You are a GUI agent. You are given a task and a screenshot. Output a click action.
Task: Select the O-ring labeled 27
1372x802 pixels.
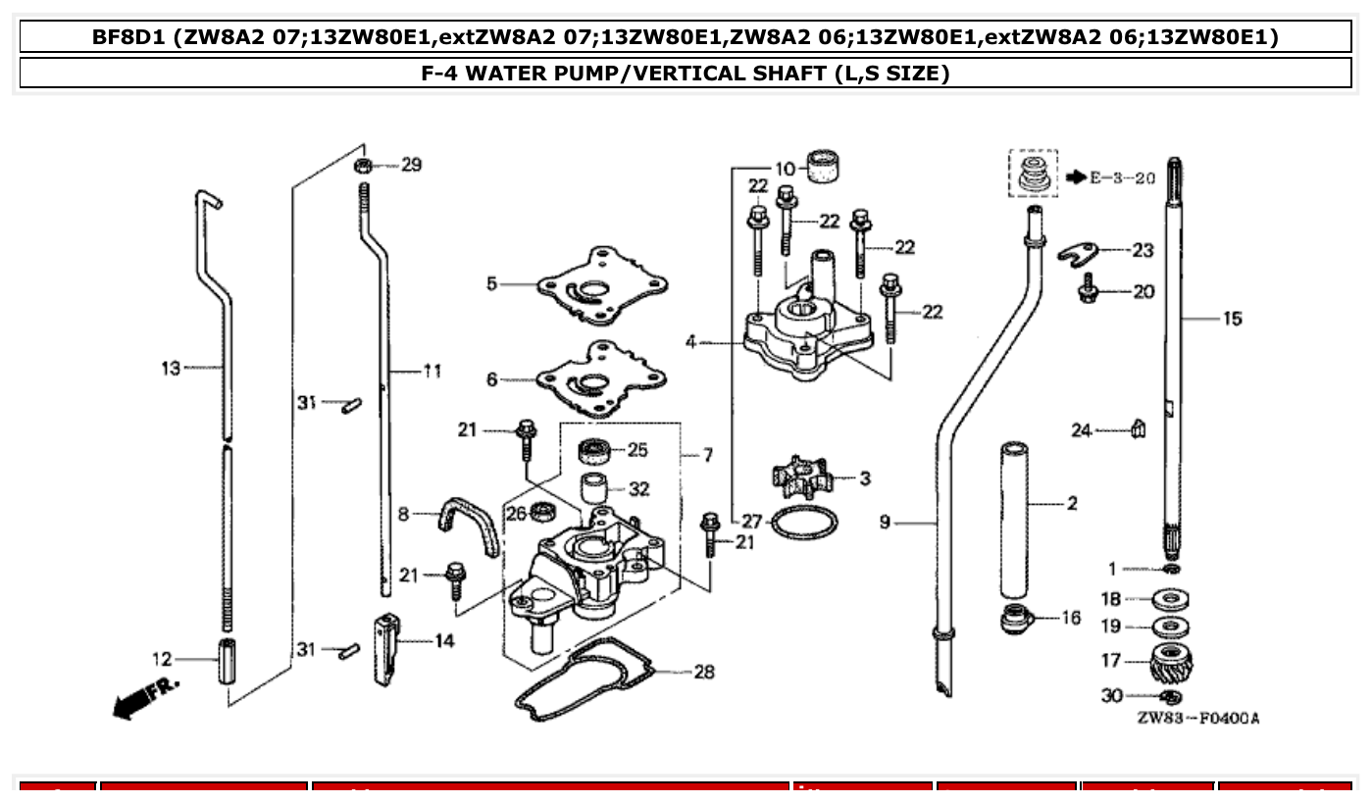[804, 524]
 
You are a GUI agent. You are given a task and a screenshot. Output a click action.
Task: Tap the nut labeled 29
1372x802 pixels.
[363, 165]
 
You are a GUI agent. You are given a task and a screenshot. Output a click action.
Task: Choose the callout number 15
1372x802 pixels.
[1231, 319]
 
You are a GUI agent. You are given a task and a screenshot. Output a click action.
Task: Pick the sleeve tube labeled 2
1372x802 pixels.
[1013, 520]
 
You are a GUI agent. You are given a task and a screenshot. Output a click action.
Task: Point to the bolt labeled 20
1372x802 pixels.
[1088, 290]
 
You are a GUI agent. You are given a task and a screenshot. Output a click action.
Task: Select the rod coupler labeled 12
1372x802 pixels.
[229, 660]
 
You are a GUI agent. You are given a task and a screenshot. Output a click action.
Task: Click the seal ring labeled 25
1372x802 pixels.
[593, 451]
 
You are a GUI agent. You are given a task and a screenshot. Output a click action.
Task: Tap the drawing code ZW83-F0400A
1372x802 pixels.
[1197, 719]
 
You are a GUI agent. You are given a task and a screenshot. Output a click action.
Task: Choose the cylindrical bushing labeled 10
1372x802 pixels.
[825, 166]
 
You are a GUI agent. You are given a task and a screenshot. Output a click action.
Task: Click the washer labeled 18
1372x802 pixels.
[1168, 598]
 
